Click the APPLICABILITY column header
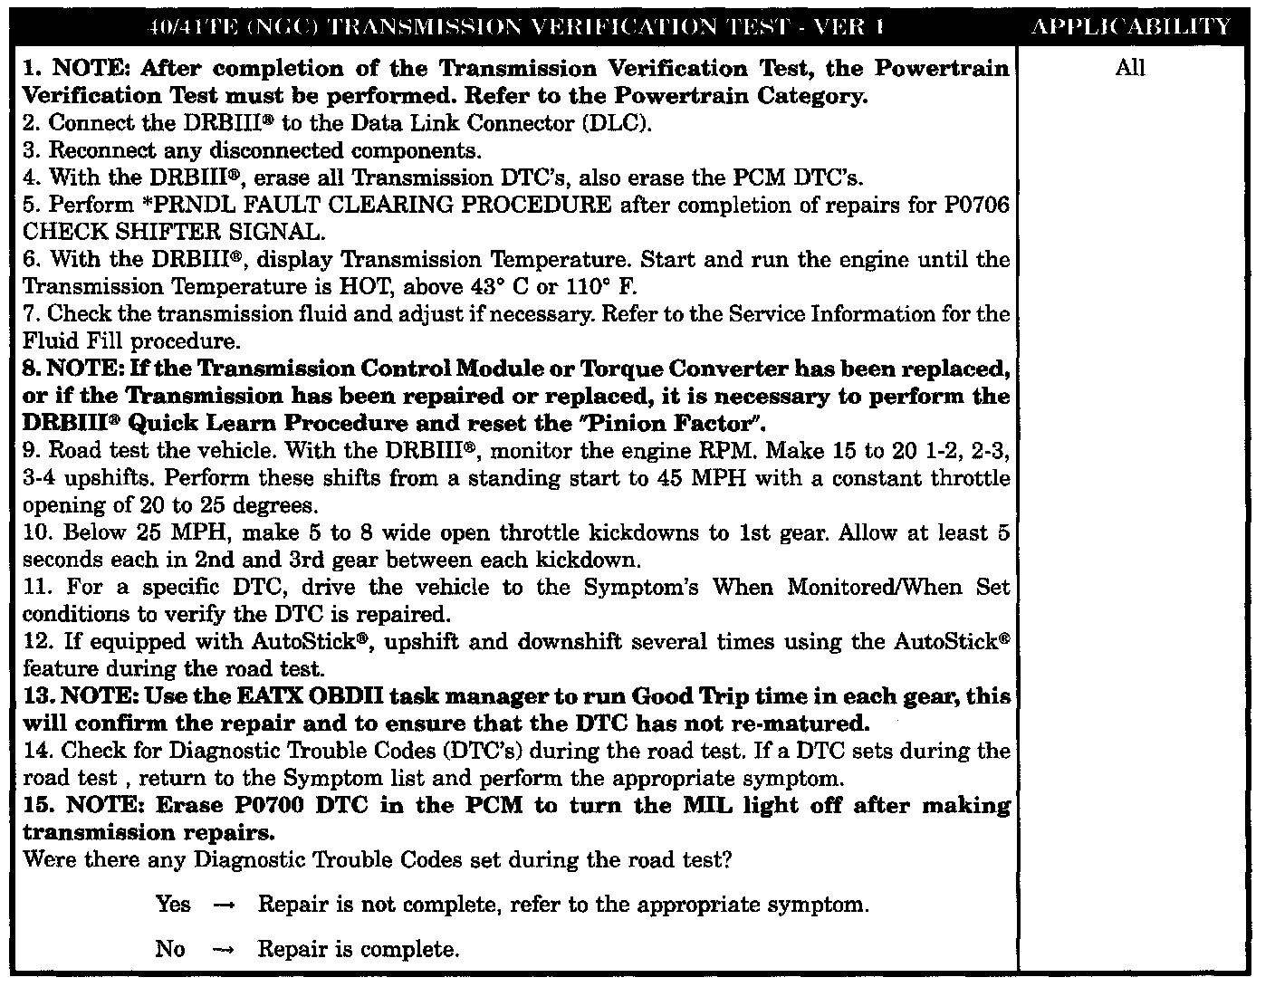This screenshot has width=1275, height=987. click(x=1131, y=26)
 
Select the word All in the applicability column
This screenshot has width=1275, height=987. click(x=1130, y=68)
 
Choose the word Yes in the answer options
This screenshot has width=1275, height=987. click(x=173, y=905)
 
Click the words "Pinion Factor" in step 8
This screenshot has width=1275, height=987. click(x=685, y=423)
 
